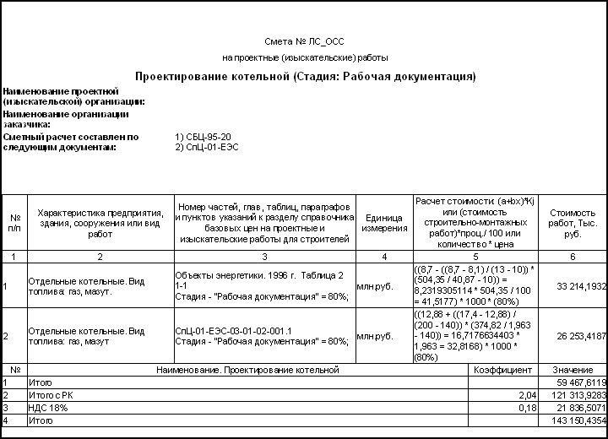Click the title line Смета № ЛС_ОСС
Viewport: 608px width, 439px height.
click(305, 41)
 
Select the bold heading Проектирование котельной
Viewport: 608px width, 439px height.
click(305, 77)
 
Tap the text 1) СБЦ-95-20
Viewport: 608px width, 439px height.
click(203, 136)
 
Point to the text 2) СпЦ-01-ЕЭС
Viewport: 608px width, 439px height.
click(208, 147)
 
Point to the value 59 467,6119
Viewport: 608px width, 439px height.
click(576, 382)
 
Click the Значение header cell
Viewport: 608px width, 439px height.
click(573, 370)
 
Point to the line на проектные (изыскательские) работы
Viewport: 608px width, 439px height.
click(305, 58)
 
